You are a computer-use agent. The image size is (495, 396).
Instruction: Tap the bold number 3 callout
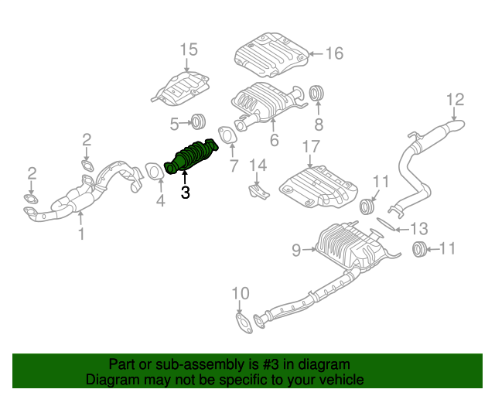pos(185,193)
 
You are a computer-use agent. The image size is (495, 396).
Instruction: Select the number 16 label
pos(333,53)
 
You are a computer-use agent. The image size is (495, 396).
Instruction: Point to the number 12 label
pos(455,99)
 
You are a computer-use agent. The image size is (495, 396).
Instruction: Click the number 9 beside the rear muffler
pos(296,249)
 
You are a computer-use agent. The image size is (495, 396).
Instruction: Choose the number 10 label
pos(241,293)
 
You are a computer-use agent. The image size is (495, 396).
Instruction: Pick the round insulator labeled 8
pos(316,94)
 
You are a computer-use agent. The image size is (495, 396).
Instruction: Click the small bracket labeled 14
pos(258,190)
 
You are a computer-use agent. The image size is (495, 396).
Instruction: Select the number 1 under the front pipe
pos(81,233)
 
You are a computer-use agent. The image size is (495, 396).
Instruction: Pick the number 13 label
pos(418,228)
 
